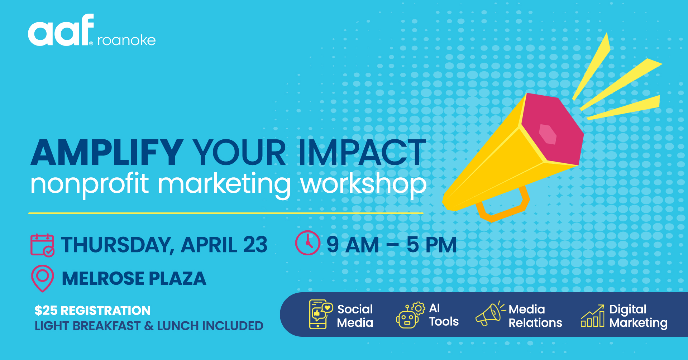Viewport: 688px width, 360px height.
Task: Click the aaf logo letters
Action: tap(61, 32)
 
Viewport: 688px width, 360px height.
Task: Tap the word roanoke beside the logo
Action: tap(126, 40)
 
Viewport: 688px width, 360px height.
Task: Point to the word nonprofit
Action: tap(89, 184)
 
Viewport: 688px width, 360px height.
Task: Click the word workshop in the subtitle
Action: tap(363, 184)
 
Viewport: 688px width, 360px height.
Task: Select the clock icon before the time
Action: tap(307, 243)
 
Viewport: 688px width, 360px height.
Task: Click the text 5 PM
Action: tap(431, 245)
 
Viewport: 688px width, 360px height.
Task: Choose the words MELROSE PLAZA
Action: tap(134, 279)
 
